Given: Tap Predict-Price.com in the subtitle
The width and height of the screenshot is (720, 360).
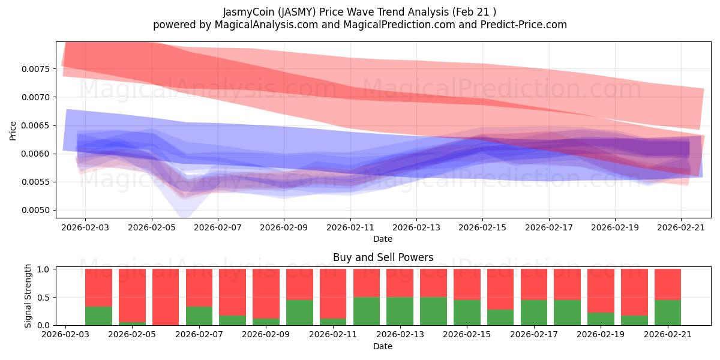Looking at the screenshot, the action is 524,25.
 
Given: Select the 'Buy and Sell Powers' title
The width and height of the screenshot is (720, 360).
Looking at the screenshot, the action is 383,257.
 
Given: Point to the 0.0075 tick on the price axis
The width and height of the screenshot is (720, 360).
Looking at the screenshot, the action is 36,69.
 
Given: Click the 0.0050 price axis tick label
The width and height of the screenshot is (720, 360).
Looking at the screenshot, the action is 36,211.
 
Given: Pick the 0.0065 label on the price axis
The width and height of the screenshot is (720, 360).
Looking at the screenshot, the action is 36,125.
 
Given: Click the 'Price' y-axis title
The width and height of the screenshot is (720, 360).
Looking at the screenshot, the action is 13,131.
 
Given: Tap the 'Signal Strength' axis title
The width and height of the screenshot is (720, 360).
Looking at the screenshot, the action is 28,296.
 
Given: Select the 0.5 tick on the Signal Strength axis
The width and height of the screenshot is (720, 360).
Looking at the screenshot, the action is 43,298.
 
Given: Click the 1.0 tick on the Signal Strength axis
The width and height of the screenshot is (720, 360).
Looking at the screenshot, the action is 43,269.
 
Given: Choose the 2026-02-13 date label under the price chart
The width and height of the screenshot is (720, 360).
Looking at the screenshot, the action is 416,227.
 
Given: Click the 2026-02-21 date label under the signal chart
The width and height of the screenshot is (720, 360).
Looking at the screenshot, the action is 668,335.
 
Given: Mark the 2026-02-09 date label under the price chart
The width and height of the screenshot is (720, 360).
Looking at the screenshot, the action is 284,227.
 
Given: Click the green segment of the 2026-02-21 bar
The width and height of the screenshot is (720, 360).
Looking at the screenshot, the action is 668,313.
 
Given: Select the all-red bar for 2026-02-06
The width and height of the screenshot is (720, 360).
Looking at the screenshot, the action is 166,297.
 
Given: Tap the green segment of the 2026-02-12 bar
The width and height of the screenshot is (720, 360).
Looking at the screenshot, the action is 367,311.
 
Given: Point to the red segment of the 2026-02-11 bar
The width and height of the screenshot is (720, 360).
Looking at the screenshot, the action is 333,294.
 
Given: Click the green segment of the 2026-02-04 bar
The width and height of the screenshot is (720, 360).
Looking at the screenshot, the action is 98,316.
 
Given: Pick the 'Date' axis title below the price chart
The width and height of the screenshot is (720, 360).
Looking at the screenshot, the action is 383,239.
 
